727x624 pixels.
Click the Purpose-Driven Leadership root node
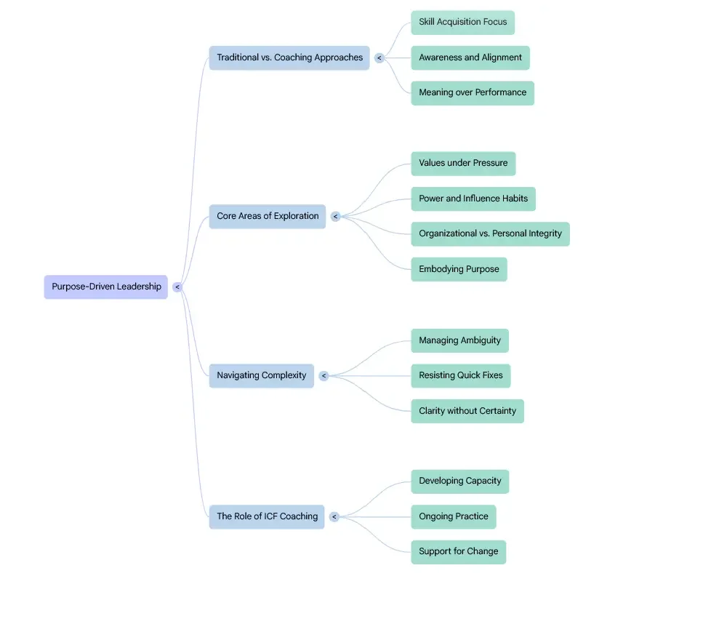click(x=106, y=287)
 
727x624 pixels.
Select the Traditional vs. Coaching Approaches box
click(x=289, y=57)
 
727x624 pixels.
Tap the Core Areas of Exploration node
click(x=268, y=216)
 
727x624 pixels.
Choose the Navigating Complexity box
click(x=262, y=375)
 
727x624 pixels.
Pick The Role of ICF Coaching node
click(x=267, y=516)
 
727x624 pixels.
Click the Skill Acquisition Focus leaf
click(x=462, y=22)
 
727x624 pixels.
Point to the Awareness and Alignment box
click(x=470, y=57)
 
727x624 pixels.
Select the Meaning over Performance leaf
click(x=473, y=92)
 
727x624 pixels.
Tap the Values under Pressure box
click(x=463, y=163)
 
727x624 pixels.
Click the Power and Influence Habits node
click(x=473, y=199)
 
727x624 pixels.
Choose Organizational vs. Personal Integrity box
click(x=490, y=233)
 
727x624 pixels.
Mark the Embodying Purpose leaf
click(x=459, y=269)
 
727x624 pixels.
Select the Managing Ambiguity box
click(x=459, y=340)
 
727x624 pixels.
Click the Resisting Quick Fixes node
click(x=461, y=375)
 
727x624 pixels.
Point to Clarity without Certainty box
click(x=467, y=411)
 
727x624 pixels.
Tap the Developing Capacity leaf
click(x=460, y=481)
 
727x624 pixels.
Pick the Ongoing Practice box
click(x=454, y=516)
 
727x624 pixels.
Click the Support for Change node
click(x=458, y=551)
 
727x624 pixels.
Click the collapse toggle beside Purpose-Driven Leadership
click(x=177, y=287)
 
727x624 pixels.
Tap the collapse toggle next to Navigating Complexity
click(x=324, y=376)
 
